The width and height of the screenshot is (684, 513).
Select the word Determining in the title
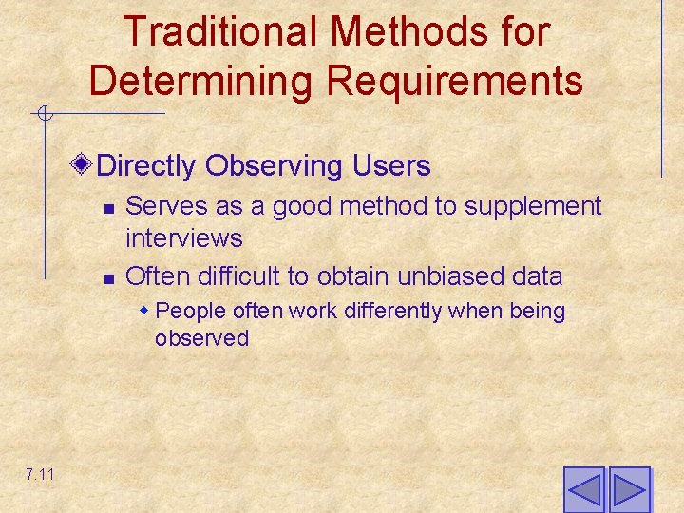tap(197, 81)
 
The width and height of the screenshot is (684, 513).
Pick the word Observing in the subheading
tap(263, 166)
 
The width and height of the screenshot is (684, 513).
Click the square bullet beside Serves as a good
tap(108, 208)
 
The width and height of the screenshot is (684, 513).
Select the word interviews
tap(183, 237)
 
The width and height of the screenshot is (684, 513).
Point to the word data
tap(537, 276)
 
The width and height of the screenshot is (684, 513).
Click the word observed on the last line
tap(201, 338)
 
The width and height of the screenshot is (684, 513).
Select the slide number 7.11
tap(40, 473)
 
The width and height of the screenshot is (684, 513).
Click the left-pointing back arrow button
tap(583, 489)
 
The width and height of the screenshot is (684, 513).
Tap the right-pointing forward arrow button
tap(629, 489)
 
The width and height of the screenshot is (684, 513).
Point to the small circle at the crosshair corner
tap(44, 115)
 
